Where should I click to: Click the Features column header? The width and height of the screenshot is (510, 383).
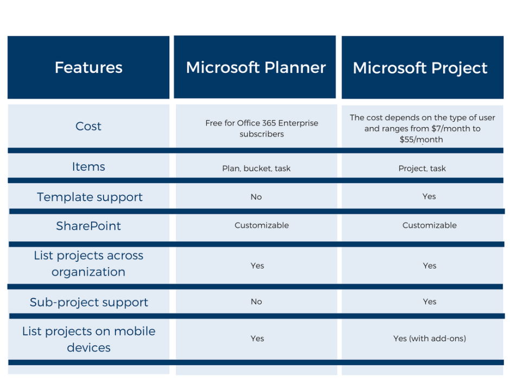point(88,67)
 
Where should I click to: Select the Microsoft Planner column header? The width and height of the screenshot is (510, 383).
point(256,67)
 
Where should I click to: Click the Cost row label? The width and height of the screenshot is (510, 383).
point(88,126)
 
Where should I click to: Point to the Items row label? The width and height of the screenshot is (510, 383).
point(88,167)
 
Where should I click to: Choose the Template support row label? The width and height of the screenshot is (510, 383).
point(90,197)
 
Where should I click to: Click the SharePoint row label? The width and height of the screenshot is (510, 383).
point(88,225)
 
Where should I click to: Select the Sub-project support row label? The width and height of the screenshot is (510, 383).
point(89,302)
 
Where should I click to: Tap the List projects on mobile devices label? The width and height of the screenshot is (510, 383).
point(88,339)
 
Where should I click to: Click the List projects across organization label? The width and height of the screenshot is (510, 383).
point(88,263)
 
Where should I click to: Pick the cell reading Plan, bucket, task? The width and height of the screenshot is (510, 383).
point(256,168)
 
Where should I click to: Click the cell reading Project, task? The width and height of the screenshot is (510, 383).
point(422,168)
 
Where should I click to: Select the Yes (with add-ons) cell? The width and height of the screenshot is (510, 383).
point(429,338)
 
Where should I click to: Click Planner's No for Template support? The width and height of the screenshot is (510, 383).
point(256,197)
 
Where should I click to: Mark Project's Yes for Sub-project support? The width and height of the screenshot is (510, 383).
point(429,302)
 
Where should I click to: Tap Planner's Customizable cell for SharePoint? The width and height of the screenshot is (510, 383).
point(262,225)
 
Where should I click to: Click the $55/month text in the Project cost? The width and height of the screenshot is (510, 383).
point(421,140)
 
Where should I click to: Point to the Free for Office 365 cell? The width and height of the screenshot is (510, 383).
point(262,128)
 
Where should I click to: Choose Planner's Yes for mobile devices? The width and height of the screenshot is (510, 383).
point(257,338)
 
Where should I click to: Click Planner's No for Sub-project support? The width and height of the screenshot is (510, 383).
point(256,302)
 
